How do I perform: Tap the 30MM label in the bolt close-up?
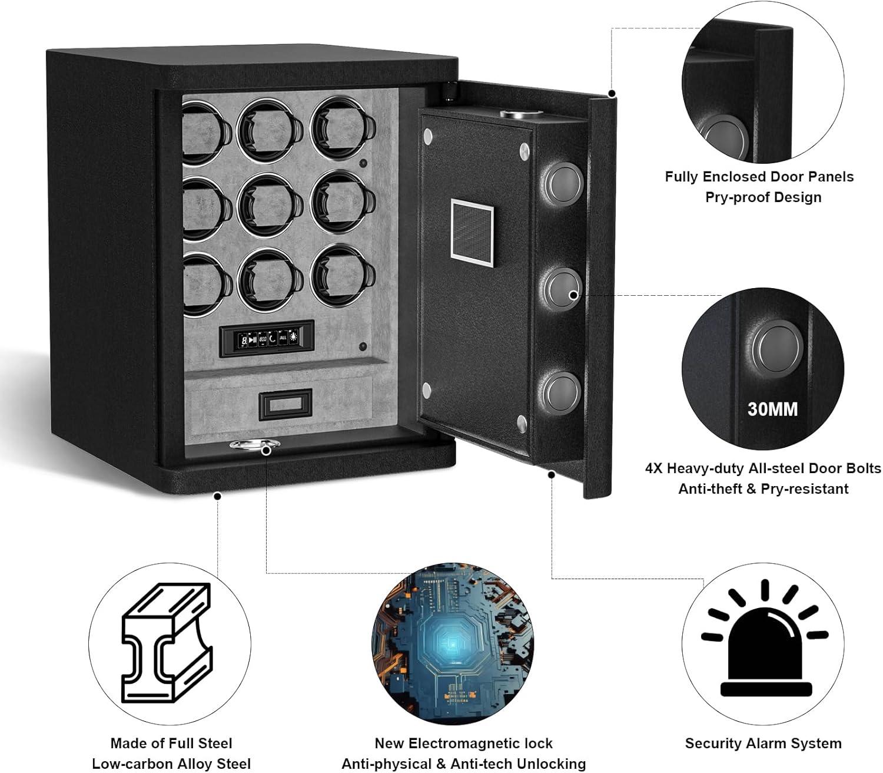coord(772,408)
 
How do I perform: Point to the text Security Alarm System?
coord(763,744)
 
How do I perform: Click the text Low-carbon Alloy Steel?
coord(171,764)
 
